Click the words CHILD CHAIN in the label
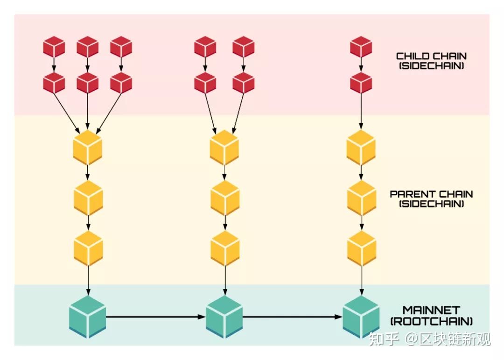click(x=431, y=56)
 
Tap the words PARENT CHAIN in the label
click(x=431, y=194)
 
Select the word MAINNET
click(x=431, y=310)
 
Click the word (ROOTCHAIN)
click(x=431, y=321)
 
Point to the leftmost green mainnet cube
click(x=87, y=317)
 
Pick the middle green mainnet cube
click(x=224, y=317)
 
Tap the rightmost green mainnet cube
click(x=361, y=317)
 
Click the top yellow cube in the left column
click(x=87, y=148)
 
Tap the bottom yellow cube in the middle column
click(x=225, y=248)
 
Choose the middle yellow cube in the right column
click(x=362, y=198)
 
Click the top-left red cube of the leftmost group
click(x=54, y=47)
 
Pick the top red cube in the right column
click(x=361, y=47)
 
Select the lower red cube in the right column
click(x=361, y=83)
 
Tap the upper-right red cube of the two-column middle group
click(x=243, y=47)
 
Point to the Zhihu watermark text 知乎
click(x=384, y=339)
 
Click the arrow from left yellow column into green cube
click(x=88, y=280)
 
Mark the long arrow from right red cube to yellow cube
click(x=361, y=112)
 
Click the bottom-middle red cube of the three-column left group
click(x=87, y=83)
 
